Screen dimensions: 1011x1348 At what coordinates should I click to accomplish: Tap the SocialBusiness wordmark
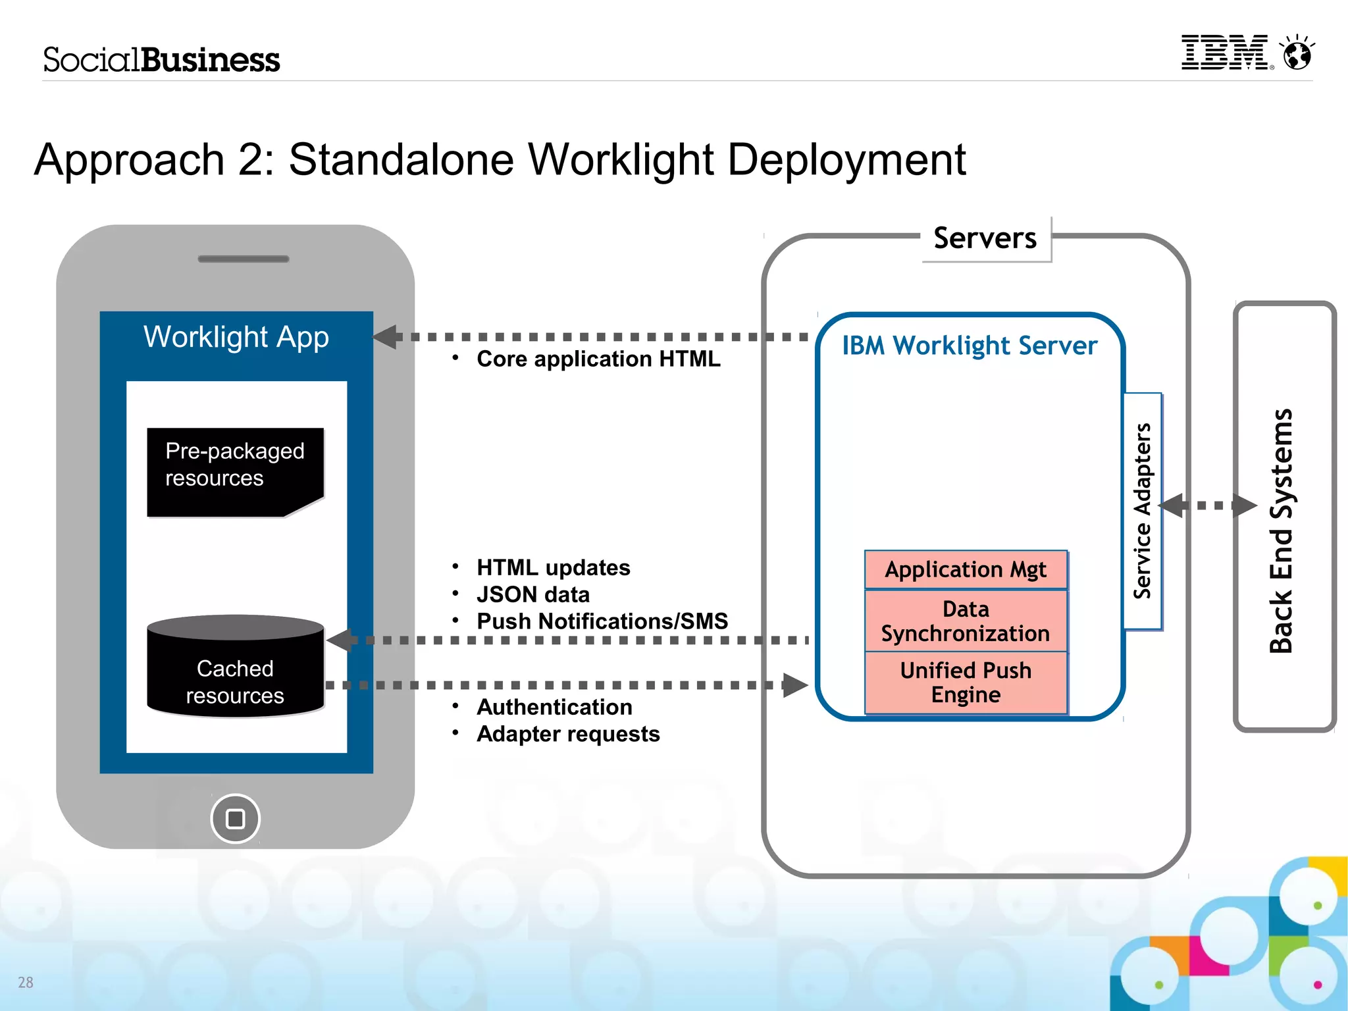pos(161,60)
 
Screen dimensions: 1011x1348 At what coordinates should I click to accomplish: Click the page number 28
pos(26,982)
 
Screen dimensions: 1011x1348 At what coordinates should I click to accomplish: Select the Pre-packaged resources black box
pos(235,471)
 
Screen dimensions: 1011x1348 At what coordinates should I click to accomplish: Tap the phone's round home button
pos(235,818)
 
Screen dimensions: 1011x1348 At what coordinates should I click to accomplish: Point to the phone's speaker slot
pos(244,259)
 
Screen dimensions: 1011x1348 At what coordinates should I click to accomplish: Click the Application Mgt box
pos(966,569)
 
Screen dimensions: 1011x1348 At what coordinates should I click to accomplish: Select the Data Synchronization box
pos(966,621)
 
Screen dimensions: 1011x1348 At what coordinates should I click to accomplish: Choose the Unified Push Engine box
pos(966,683)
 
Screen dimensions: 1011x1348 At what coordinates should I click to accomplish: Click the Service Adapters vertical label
pos(1143,511)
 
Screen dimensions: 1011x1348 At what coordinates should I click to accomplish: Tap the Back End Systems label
pos(1282,531)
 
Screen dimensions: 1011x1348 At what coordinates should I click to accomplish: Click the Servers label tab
pos(985,238)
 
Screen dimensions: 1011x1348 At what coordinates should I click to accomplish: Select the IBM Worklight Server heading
pos(970,346)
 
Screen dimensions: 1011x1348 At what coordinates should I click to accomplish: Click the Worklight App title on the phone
pos(236,337)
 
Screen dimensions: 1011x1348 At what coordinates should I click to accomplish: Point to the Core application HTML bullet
pos(598,359)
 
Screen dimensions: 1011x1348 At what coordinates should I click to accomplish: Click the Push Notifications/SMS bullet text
pos(602,621)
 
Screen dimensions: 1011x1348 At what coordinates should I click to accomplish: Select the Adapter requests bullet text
pos(568,734)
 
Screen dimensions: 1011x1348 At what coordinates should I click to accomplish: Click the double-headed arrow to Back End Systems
pos(1208,505)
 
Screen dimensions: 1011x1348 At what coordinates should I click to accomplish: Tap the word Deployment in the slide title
pos(846,160)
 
